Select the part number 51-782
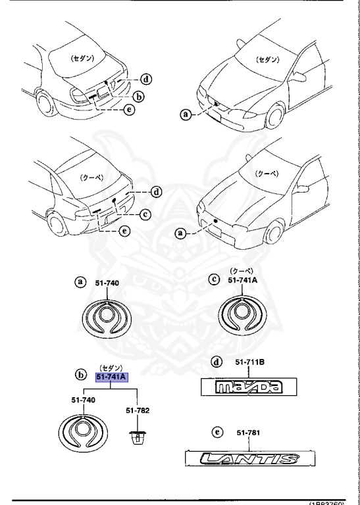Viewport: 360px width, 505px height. [x=137, y=410]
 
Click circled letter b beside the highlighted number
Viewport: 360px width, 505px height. [x=82, y=377]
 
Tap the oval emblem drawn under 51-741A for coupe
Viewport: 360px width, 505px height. [x=244, y=315]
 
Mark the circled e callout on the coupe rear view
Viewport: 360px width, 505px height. [x=124, y=231]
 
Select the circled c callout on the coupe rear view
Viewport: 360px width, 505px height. [x=145, y=213]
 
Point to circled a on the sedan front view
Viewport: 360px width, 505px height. [x=188, y=114]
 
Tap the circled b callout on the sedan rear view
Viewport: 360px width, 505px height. [x=138, y=96]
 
